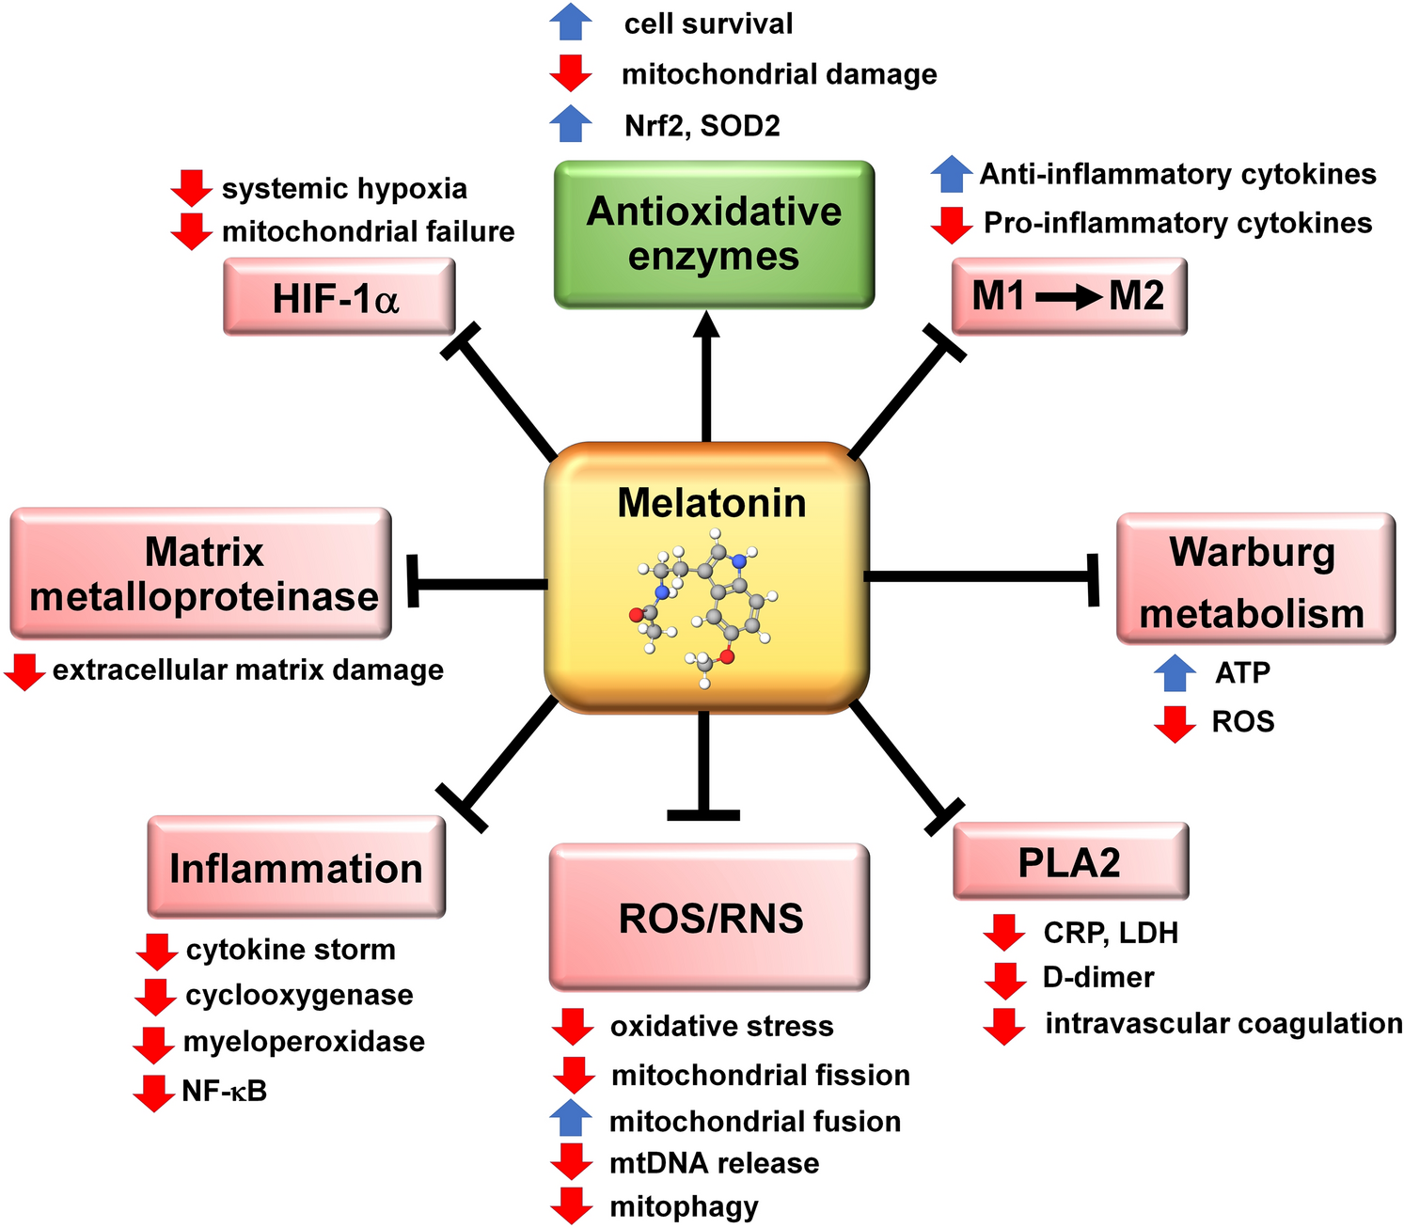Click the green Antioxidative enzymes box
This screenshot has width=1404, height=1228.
[714, 234]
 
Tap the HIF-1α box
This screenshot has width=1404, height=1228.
[339, 298]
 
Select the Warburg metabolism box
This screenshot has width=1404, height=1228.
[1254, 579]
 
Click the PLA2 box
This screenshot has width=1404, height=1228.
[1070, 861]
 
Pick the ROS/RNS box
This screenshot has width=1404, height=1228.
[709, 917]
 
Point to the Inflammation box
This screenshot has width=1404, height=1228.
[296, 867]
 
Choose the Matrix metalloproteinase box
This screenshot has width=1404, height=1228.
[200, 574]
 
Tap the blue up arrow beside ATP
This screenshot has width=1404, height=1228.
[1175, 673]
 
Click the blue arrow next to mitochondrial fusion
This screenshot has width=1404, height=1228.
[571, 1120]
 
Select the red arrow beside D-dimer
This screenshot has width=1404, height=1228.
[1004, 979]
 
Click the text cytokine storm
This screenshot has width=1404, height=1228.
[291, 950]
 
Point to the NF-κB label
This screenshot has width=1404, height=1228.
[224, 1091]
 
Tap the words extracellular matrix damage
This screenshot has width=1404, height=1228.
[247, 670]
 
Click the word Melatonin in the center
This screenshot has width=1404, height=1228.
[711, 503]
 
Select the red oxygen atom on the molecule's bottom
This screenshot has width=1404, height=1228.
[726, 656]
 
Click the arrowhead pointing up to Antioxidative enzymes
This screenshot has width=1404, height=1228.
[706, 324]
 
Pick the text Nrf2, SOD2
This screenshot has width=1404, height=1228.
[702, 125]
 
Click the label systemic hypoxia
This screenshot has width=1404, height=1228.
[344, 188]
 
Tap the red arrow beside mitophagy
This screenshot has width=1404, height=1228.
[571, 1206]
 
